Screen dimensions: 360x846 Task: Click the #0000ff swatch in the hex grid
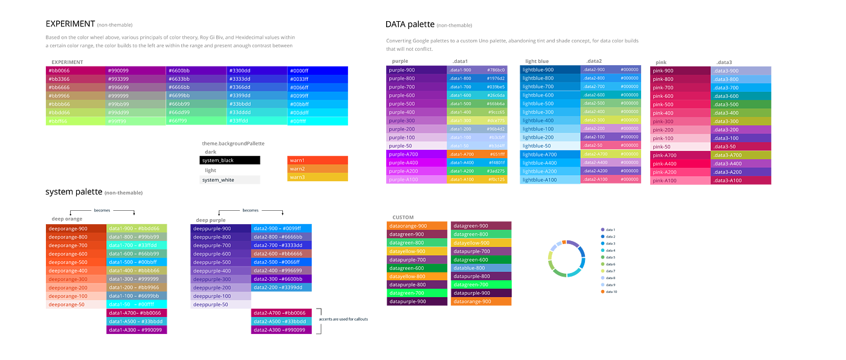(318, 70)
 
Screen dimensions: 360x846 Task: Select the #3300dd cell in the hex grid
(257, 70)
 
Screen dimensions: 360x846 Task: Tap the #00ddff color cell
(318, 112)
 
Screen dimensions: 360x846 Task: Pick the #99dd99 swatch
(136, 112)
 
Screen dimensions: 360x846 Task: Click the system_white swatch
(230, 180)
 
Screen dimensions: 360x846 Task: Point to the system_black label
(218, 160)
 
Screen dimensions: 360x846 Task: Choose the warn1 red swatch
(317, 160)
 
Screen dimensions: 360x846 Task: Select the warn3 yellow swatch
(317, 177)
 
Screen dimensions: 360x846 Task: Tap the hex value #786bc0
(496, 70)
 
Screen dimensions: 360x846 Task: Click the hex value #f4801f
(496, 163)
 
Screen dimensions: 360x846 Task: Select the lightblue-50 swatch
(549, 146)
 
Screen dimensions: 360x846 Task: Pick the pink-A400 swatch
(679, 164)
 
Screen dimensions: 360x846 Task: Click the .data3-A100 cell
(741, 181)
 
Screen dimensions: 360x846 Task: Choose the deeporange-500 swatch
(76, 262)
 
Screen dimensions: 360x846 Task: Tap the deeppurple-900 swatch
(220, 228)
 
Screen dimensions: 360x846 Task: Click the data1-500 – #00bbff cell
(137, 262)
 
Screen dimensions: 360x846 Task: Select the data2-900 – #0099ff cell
(282, 228)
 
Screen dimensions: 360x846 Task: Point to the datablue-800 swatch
(481, 268)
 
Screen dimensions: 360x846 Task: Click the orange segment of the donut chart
(564, 242)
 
